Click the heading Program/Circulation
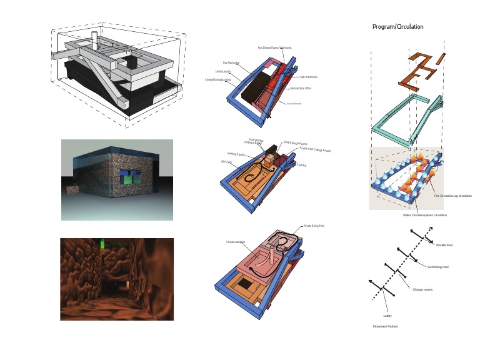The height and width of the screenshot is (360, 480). coord(397,27)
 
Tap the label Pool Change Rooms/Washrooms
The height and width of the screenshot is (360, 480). coord(274,47)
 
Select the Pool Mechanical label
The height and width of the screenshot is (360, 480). coord(231,62)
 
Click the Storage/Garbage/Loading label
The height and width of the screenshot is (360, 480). coord(217,79)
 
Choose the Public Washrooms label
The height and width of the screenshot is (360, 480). coord(308,77)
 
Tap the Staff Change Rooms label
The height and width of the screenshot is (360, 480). coord(295,143)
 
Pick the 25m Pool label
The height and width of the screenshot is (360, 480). coord(226,161)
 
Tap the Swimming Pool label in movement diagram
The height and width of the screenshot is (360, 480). coord(438,267)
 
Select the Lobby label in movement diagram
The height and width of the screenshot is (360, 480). coord(387,315)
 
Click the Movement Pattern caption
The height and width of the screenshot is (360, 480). coord(385,326)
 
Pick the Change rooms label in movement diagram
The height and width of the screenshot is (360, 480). coord(422,289)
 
